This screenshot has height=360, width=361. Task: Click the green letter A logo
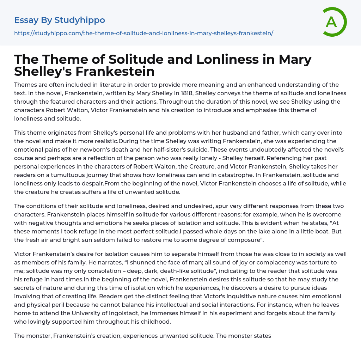[334, 22]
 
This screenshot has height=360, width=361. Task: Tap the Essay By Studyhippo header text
[60, 20]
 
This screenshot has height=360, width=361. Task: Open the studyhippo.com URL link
[143, 33]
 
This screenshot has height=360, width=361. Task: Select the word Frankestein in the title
[115, 71]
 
